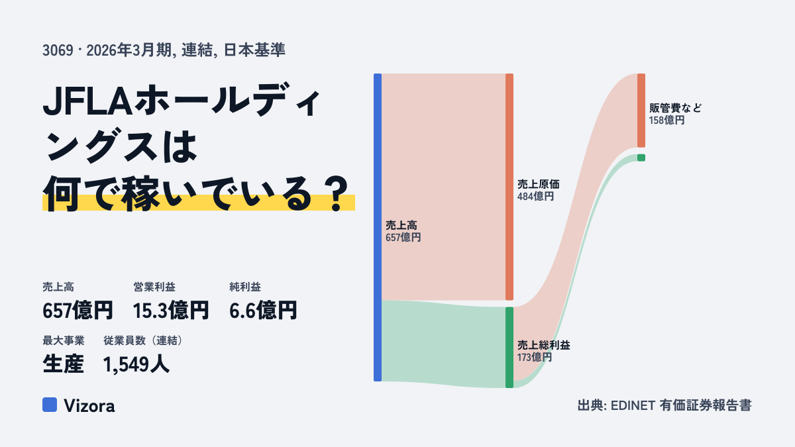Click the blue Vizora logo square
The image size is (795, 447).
(x=50, y=405)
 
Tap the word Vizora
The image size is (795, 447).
(x=89, y=406)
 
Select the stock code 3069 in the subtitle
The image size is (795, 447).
(x=58, y=50)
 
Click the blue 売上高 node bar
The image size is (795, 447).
(x=378, y=227)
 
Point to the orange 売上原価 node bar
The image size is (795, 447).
(x=509, y=187)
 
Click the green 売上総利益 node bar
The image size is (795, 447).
(x=509, y=348)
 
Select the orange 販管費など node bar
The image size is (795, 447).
(x=641, y=111)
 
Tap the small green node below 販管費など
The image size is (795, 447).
(x=641, y=158)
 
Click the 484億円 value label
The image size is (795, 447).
(x=535, y=197)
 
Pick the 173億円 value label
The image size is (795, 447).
(x=535, y=357)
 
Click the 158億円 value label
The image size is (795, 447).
(x=667, y=121)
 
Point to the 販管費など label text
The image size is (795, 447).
(x=675, y=108)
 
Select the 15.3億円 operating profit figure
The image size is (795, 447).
(x=171, y=311)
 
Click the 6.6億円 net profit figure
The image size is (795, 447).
(x=263, y=311)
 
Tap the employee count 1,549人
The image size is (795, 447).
(x=136, y=364)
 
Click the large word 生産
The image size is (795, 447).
(x=63, y=364)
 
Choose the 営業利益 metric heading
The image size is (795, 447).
(x=154, y=287)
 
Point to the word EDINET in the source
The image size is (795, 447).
(x=633, y=405)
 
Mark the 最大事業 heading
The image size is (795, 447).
(x=64, y=340)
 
